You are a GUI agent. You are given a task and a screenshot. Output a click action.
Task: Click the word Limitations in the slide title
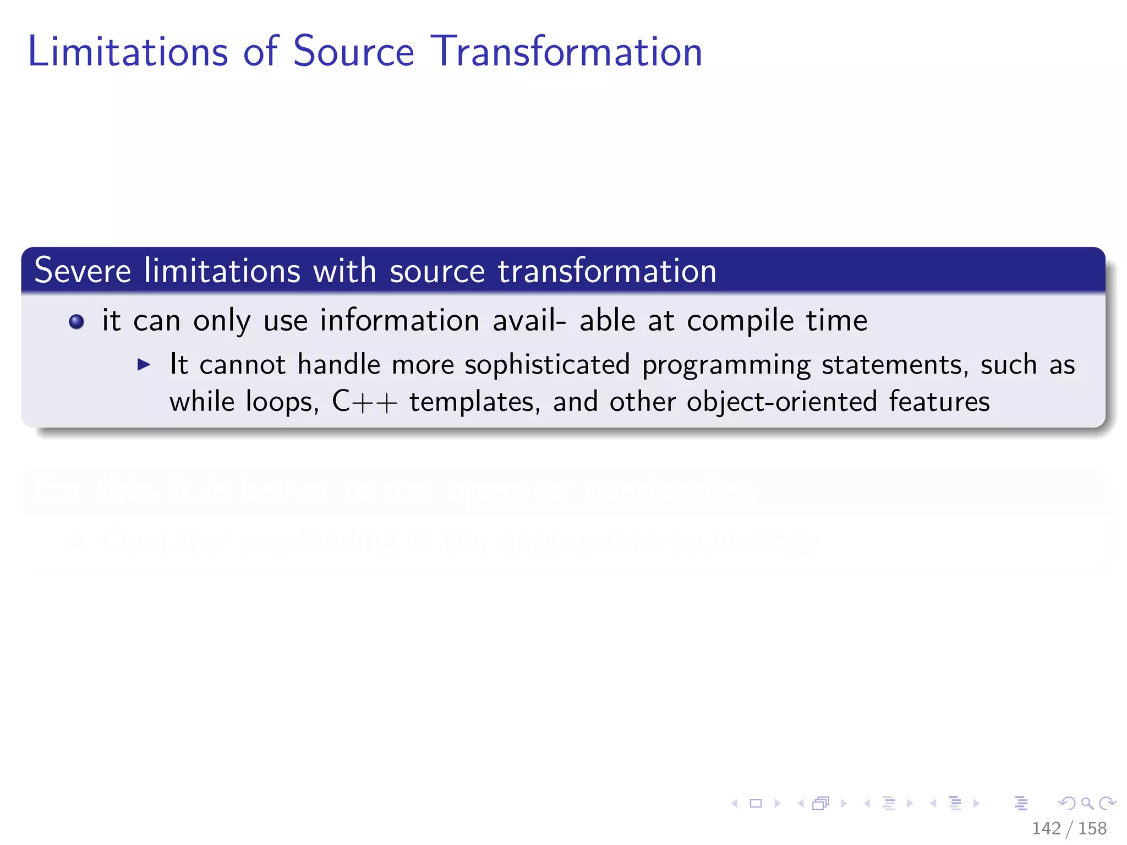pos(128,51)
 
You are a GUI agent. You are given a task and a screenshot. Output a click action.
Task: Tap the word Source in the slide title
pos(353,51)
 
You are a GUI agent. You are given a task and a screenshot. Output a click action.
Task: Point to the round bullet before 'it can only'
pos(76,322)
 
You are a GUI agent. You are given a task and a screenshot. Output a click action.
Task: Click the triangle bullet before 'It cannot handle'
pos(144,364)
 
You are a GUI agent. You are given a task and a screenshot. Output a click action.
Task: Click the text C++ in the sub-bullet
pos(364,402)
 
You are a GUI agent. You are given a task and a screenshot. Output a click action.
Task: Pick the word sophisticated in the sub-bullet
pos(547,365)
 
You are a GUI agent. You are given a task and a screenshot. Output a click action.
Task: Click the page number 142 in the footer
pos(1046,828)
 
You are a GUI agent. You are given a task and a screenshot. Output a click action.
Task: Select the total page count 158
pos(1092,828)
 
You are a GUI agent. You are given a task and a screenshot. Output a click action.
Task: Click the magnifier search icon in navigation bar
pos(1087,804)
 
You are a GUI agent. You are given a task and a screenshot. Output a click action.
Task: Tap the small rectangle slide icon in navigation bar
pos(756,804)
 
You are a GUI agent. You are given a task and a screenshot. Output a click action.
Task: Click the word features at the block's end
pos(939,402)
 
